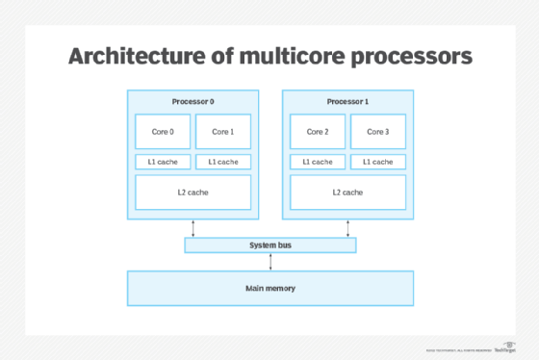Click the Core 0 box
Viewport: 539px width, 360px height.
pos(163,132)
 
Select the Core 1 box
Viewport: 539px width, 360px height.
pos(222,132)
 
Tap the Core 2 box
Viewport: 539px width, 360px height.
pos(317,132)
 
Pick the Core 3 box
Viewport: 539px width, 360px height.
pos(376,132)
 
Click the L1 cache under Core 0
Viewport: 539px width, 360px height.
pos(163,162)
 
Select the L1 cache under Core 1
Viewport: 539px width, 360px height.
pos(222,162)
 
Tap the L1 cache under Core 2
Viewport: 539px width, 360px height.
pos(317,162)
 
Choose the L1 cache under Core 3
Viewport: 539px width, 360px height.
pos(376,162)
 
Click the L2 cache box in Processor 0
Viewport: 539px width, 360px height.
pos(192,193)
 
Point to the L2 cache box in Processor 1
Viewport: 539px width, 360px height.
pos(346,193)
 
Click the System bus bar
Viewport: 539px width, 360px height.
pos(269,245)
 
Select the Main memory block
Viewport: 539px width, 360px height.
pos(269,288)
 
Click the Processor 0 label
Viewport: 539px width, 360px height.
pos(192,101)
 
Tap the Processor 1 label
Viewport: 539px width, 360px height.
pos(346,101)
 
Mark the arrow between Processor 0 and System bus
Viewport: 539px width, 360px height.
pos(193,227)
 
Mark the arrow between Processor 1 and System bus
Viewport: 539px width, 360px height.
pos(347,227)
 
